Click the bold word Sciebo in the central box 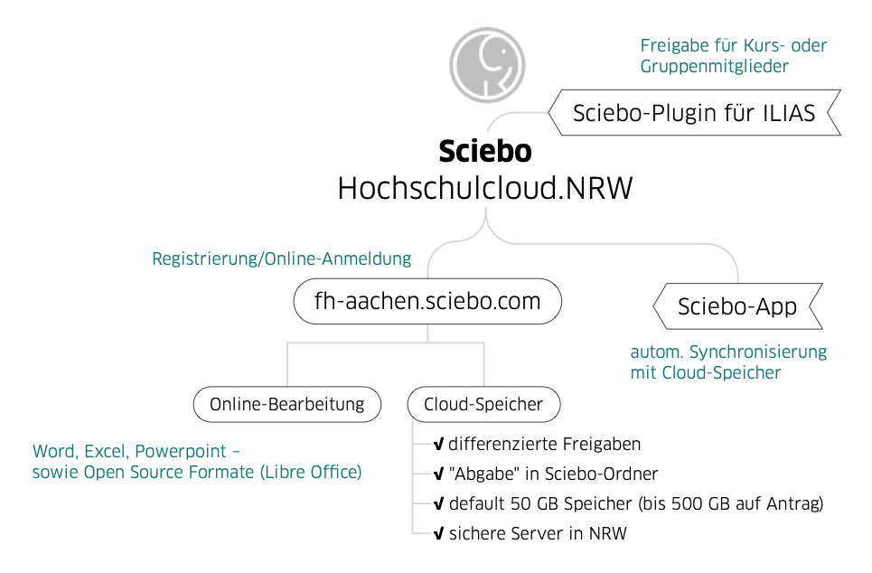click(484, 152)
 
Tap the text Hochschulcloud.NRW click(485, 187)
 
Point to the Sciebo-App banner click(737, 307)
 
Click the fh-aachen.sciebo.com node click(427, 301)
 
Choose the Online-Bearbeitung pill click(286, 404)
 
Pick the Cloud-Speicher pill click(483, 404)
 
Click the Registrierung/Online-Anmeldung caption click(281, 259)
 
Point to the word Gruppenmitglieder click(715, 66)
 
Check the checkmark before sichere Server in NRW click(438, 533)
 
